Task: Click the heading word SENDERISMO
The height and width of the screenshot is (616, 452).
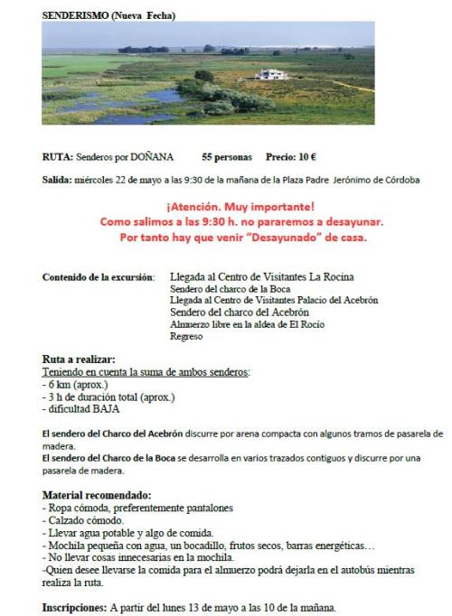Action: coord(77,15)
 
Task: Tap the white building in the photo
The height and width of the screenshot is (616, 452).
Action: coord(271,75)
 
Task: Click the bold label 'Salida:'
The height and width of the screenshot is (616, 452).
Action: coord(58,180)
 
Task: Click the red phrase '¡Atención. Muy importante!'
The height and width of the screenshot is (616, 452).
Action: coord(240,206)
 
